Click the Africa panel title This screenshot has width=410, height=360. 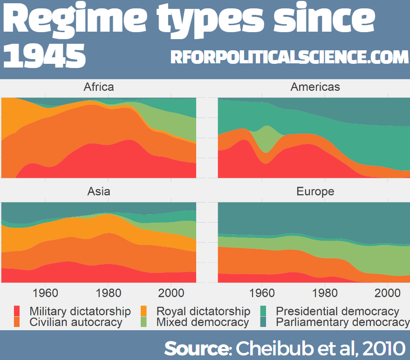tap(98, 87)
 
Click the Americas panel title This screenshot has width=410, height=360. tap(315, 87)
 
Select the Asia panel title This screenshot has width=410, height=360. tap(99, 191)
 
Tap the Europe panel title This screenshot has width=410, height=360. tap(315, 191)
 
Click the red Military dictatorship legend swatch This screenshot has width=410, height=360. tap(17, 311)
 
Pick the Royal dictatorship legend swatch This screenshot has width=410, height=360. tap(144, 311)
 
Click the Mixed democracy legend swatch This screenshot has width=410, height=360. tap(144, 322)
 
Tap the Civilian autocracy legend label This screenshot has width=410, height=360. tap(75, 322)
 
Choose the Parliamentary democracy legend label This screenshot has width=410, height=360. tap(342, 322)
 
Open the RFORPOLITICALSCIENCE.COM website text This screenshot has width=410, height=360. tap(289, 57)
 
